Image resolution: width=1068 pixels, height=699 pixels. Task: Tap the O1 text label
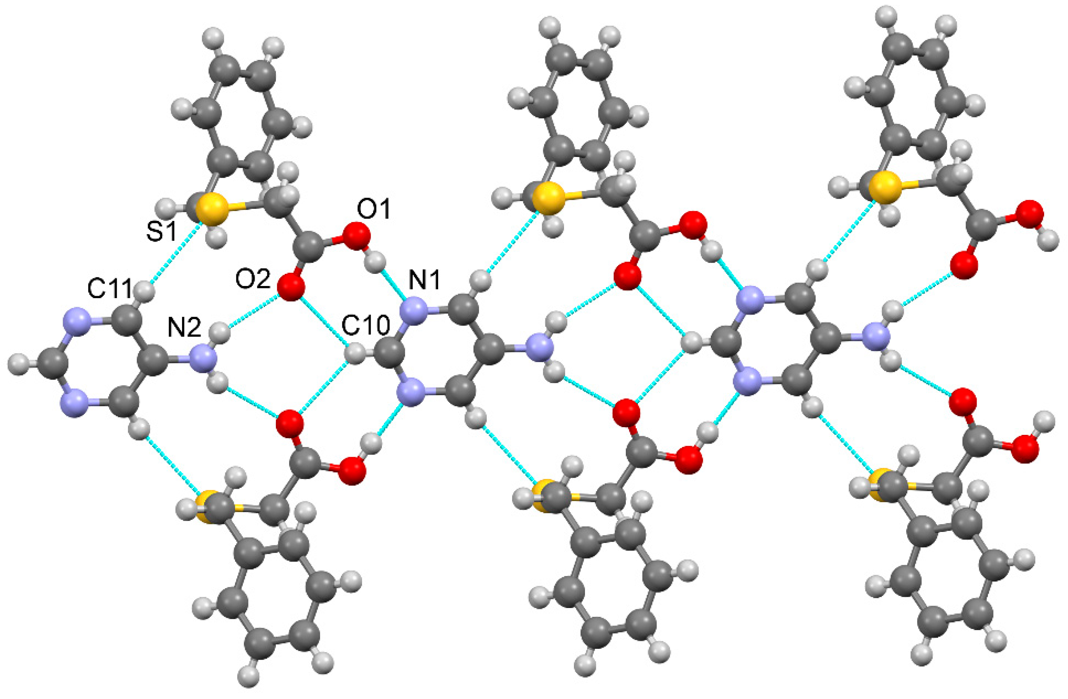(374, 209)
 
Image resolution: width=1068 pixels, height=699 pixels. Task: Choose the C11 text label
(110, 288)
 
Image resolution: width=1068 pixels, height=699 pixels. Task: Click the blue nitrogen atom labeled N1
(413, 311)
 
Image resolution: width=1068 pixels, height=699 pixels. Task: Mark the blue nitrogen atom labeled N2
(203, 359)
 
